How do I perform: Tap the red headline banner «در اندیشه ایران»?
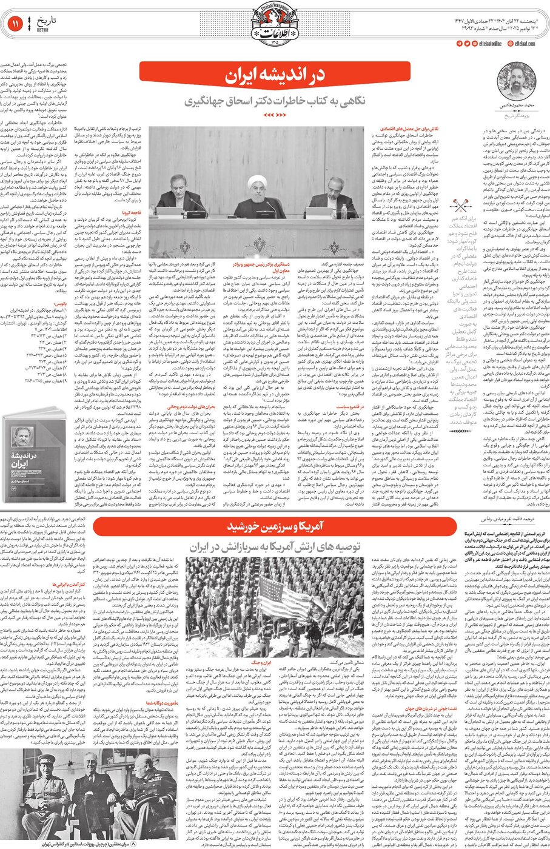click(x=275, y=76)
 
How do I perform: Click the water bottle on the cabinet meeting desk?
click(x=343, y=210)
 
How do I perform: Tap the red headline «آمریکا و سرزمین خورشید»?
click(x=275, y=526)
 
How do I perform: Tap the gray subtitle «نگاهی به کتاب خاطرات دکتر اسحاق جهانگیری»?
click(x=275, y=100)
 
